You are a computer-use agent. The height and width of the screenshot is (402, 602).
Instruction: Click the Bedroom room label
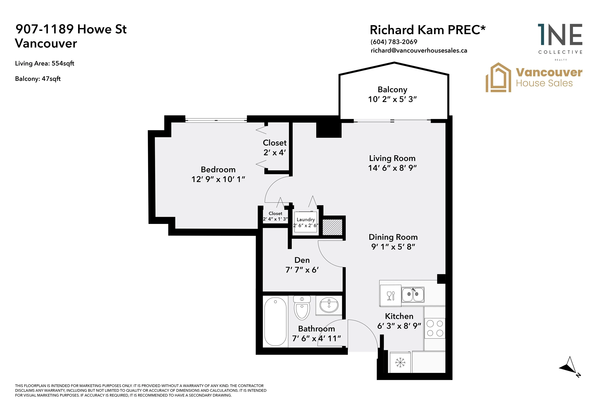pos(218,169)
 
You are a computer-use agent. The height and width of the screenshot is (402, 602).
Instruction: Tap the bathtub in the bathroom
pos(275,322)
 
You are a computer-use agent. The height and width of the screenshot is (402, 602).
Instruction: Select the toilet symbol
pos(302,308)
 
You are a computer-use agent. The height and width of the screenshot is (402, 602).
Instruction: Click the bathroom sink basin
pos(329,305)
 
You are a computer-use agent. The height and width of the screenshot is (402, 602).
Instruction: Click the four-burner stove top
pos(435,328)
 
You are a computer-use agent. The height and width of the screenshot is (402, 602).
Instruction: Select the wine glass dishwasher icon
pos(391,296)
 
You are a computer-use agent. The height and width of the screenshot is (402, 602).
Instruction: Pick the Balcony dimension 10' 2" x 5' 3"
pos(392,99)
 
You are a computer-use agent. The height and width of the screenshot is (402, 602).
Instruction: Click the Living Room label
pos(392,158)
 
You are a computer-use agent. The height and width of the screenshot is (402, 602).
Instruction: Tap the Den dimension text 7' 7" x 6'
pos(302,270)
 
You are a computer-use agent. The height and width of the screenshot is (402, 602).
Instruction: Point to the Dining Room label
pos(393,237)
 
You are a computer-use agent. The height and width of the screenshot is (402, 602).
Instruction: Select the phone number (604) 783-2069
pos(394,42)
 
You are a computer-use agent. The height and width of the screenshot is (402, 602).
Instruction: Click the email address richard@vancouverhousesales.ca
pos(419,50)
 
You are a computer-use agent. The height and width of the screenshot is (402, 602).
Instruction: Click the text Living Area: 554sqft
pos(44,63)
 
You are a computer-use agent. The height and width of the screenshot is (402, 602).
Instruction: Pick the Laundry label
pos(306,219)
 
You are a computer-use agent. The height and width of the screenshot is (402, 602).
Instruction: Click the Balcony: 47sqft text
pos(38,79)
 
